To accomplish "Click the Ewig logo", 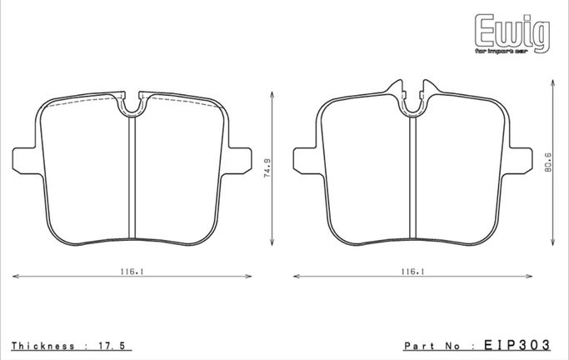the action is (512, 33).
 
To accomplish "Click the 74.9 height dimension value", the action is (267, 168).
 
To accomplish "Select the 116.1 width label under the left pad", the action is (132, 271).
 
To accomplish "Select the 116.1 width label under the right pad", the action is (413, 271).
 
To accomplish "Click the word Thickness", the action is (43, 346).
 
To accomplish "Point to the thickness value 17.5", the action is (112, 346).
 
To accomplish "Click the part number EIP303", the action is (517, 345).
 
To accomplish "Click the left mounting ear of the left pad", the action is (24, 160).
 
